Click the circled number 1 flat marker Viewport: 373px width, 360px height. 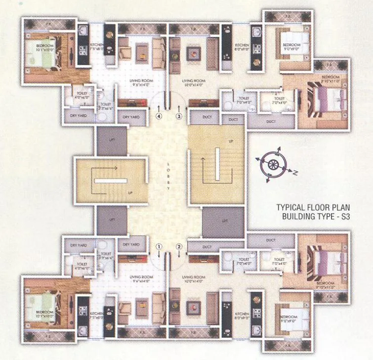[159, 245]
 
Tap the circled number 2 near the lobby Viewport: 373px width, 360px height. [179, 245]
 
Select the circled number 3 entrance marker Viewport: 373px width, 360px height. [179, 116]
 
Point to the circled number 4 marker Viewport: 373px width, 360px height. [159, 116]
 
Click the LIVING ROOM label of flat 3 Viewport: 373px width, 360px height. [193, 82]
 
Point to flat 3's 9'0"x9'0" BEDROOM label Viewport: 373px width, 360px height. [291, 46]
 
